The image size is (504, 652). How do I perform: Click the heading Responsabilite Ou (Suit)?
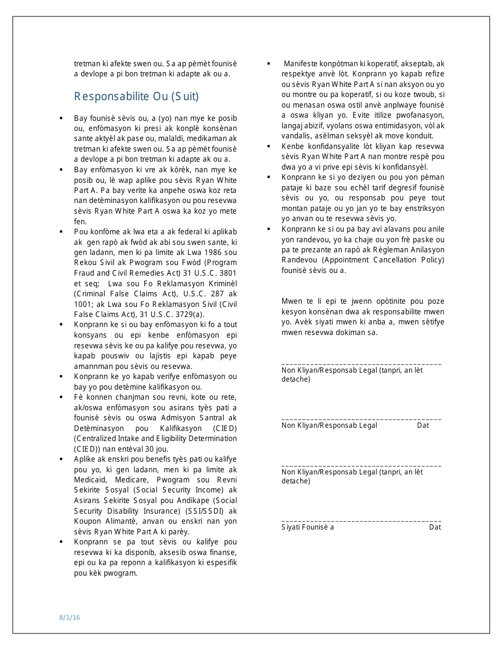tap(136, 96)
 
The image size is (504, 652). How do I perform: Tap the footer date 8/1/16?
tap(69, 617)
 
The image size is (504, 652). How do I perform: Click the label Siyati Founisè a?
tap(308, 527)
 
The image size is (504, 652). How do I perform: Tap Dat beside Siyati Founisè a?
tap(435, 527)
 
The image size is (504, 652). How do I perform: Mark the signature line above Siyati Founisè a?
tap(361, 521)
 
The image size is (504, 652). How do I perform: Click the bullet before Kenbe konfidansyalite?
tap(269, 146)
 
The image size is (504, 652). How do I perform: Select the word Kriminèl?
tap(219, 284)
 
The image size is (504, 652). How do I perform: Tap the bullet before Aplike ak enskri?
tap(62, 459)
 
